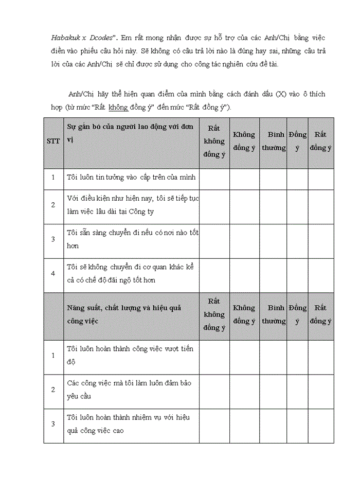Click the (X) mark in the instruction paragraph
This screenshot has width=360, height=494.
tap(280, 94)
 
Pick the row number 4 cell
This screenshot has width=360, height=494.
tap(53, 274)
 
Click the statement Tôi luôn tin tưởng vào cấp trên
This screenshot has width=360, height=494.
tap(132, 178)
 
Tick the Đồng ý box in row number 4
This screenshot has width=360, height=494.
tap(297, 274)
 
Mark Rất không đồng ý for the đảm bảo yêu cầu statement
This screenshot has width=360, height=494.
tap(214, 390)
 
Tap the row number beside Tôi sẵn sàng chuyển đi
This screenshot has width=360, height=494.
tap(53, 239)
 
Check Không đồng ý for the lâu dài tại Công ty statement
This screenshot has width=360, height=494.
tap(244, 205)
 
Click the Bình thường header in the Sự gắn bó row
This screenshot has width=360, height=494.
tap(273, 141)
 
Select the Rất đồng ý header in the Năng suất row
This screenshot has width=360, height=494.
tap(321, 314)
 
